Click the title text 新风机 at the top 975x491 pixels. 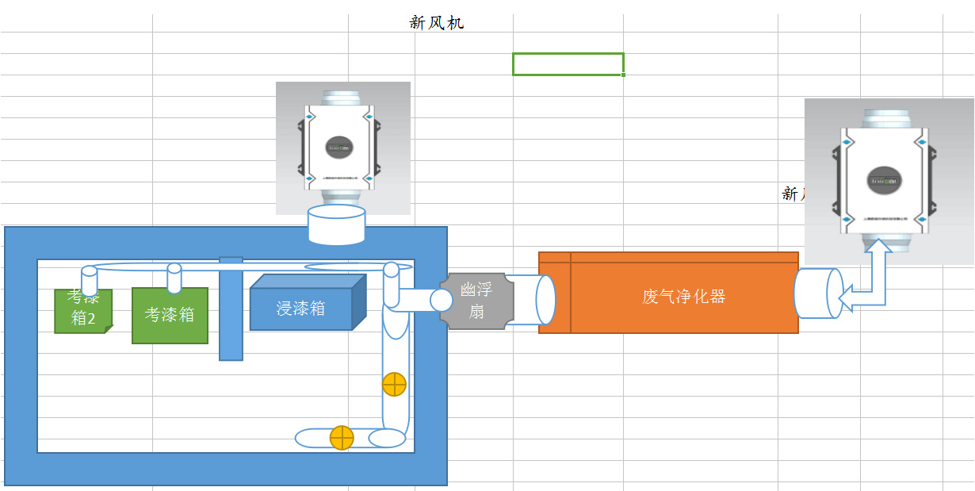(437, 23)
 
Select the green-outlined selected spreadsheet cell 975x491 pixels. (568, 64)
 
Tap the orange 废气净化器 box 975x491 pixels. (683, 297)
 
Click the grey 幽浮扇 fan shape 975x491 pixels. (476, 301)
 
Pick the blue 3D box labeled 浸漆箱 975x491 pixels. (302, 308)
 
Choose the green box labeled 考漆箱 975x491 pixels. (170, 316)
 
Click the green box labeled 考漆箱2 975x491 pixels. (82, 312)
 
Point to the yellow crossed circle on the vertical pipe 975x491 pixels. (394, 385)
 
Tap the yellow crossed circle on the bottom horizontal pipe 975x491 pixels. (342, 437)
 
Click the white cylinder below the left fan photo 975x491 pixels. (336, 224)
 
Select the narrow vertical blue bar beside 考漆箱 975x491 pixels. (231, 309)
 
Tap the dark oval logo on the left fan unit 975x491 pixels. (341, 147)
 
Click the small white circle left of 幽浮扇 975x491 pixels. (442, 300)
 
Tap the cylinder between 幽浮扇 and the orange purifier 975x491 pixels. (533, 300)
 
